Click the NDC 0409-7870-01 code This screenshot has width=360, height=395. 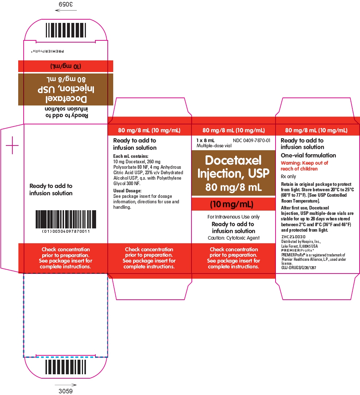point(251,140)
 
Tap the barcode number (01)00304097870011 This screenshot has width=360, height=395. point(66,231)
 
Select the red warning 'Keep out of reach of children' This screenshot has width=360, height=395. point(304,166)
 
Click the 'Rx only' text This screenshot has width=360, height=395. point(288,176)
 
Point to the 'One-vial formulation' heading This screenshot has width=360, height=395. point(308,155)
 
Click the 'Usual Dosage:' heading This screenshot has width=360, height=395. point(127,191)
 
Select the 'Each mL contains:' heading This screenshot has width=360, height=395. point(131,156)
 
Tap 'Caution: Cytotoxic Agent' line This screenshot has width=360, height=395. point(233,238)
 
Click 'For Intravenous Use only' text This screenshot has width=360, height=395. point(233,217)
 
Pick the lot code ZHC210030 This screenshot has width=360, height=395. point(293,237)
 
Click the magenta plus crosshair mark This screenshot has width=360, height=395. point(12,145)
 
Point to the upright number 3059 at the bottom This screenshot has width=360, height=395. point(66,391)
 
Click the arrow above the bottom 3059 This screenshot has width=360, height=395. point(66,385)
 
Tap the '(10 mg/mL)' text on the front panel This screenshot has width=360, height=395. point(232,204)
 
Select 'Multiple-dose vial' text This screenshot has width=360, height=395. point(214,145)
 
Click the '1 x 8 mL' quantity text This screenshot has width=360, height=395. point(205,140)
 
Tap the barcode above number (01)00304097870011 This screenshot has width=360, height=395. point(66,219)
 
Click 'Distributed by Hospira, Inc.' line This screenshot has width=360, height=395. point(301,242)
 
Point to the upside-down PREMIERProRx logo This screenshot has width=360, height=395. point(47,51)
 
